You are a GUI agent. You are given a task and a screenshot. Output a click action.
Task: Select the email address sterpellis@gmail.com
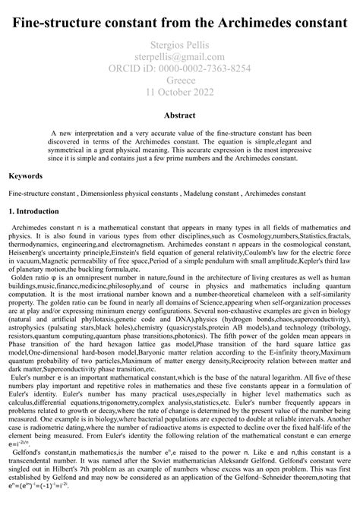coord(179,56)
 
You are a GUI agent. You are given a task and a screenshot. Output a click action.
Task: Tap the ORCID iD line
coord(179,68)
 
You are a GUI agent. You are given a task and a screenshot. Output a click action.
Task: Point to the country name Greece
coord(179,80)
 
